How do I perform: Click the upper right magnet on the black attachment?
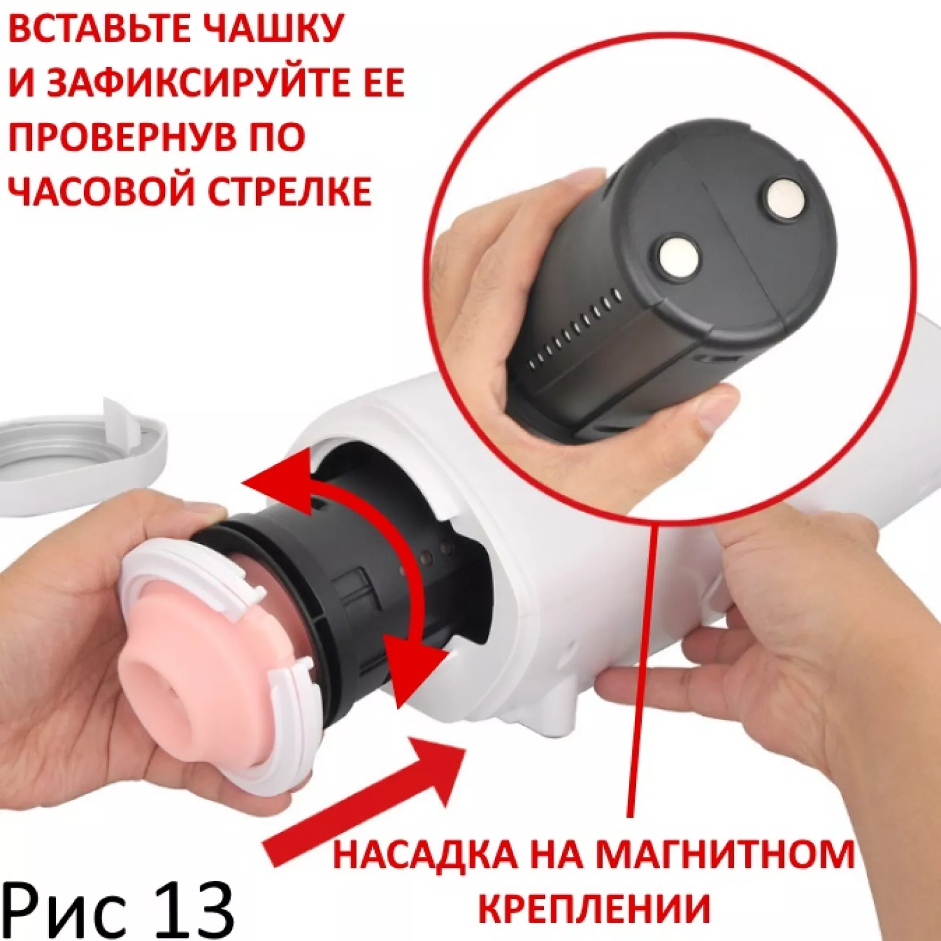click(x=786, y=199)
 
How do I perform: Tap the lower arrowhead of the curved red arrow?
click(x=411, y=662)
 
